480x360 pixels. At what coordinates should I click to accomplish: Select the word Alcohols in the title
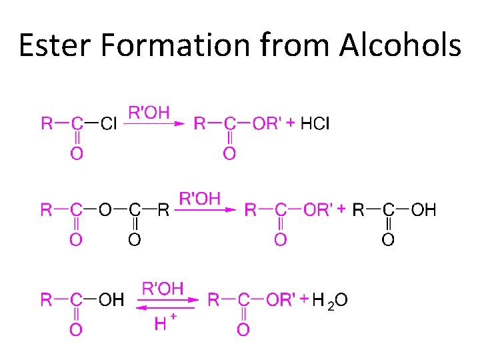(400, 45)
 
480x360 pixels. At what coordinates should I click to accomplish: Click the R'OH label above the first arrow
(149, 111)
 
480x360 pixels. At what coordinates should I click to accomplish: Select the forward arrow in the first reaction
(154, 123)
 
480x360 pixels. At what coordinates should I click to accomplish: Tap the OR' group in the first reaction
(267, 123)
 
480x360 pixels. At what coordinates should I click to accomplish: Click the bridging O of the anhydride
(105, 210)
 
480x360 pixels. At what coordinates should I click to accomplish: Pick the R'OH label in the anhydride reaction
(200, 198)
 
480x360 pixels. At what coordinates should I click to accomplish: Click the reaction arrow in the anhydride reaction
(207, 210)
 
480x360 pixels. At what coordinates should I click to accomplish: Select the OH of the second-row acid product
(423, 210)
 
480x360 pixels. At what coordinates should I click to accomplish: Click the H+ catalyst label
(164, 324)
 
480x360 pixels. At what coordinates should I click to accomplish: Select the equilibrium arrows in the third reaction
(170, 305)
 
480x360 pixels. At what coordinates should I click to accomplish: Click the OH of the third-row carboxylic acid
(111, 300)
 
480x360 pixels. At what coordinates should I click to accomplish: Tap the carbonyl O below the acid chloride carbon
(77, 154)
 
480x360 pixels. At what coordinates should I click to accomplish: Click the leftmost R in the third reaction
(47, 300)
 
